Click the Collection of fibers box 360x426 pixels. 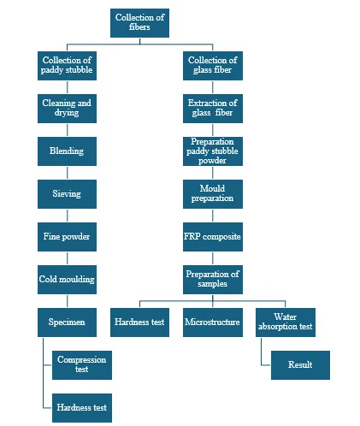click(139, 23)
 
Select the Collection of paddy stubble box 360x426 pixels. click(67, 66)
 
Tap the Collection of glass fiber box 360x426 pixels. click(213, 66)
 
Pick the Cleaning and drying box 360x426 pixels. click(67, 109)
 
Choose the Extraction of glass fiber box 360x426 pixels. click(213, 109)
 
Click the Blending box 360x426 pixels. click(67, 151)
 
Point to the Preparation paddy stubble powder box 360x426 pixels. click(213, 151)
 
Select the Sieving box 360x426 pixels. click(67, 194)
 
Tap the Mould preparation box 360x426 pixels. click(213, 194)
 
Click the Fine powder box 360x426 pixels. click(67, 237)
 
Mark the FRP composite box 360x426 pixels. click(213, 237)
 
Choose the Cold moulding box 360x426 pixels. click(67, 280)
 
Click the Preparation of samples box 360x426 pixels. click(213, 280)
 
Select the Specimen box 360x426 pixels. click(67, 322)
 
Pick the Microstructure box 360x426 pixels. click(213, 322)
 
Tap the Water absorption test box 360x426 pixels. click(286, 322)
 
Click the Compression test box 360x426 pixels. click(82, 365)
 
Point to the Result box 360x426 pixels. click(300, 365)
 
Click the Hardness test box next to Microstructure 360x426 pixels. click(139, 322)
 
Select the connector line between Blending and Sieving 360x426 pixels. click(68, 173)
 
